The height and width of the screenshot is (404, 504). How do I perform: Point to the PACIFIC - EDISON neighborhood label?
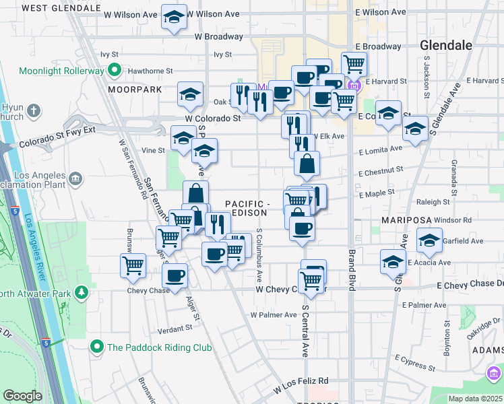coord(247,208)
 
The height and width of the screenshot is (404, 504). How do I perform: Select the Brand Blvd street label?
coord(352,269)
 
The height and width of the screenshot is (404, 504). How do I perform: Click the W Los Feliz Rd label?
coord(301,385)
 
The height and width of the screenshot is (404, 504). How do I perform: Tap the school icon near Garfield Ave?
coord(429,240)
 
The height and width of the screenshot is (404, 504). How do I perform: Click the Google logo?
coord(23,395)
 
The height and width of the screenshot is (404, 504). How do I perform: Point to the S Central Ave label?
coord(305,330)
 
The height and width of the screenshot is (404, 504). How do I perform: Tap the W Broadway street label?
coord(218,37)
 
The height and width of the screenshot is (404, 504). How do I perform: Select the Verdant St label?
coord(175,328)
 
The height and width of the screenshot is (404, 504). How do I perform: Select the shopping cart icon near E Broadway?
coord(353,65)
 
